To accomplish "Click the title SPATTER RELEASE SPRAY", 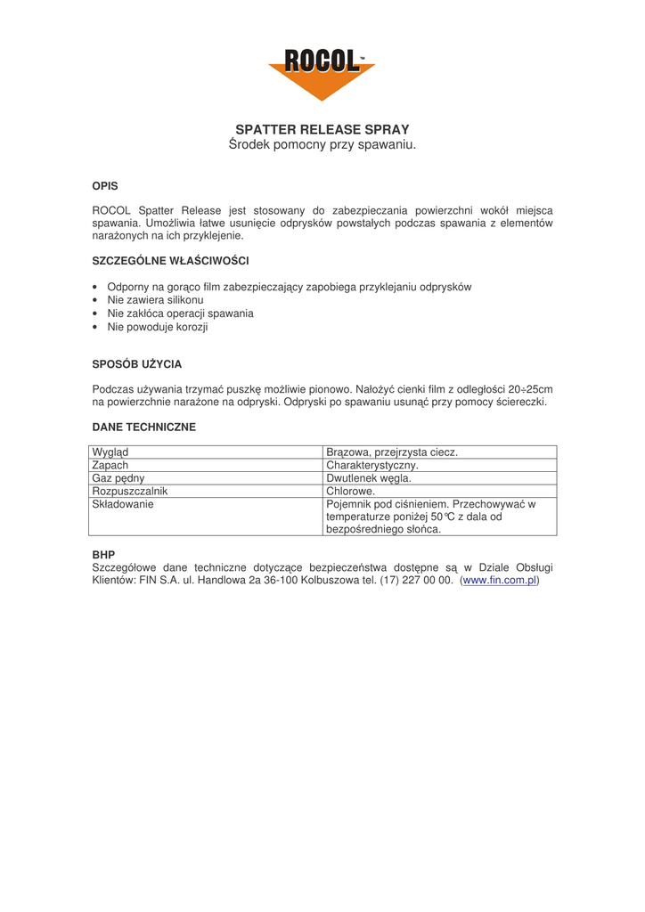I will coord(322,129).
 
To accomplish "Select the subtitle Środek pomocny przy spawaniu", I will coord(322,144).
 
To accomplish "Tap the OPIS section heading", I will coord(105,186).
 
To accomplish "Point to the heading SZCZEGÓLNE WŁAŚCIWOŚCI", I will coord(170,261).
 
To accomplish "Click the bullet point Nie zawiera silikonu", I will coord(155,300).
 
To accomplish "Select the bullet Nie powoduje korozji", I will coord(158,327).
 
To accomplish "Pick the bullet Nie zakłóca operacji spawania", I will coord(180,313).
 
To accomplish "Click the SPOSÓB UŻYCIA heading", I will coord(137,364).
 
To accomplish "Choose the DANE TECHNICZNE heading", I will coord(144,427).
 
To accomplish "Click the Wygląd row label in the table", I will coord(110,452).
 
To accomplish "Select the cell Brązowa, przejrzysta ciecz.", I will coord(392,452).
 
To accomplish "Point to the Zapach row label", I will coord(110,465).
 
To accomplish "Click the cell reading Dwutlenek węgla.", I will coord(369,478).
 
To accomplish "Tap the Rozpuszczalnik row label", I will coord(130,491).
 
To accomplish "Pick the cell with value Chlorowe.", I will coord(351,491).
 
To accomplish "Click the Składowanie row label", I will coord(123,504).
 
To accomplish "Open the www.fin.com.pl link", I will coord(500,580).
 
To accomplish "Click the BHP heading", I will coord(103,554).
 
